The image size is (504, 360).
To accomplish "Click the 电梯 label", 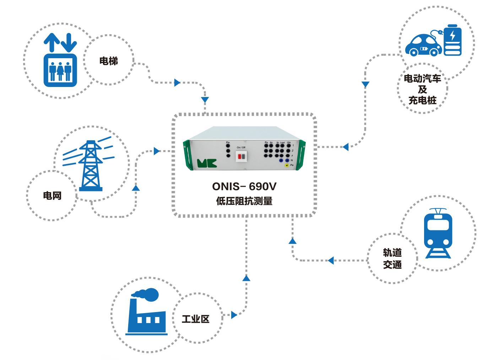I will click(x=108, y=61).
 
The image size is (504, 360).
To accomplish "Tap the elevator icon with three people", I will click(x=60, y=70).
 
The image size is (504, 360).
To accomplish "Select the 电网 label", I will click(x=52, y=196).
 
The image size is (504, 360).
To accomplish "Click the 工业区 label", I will click(x=195, y=319).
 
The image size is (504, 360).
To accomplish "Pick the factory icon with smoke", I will click(x=146, y=312).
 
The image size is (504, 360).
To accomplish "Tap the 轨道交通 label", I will click(x=392, y=258).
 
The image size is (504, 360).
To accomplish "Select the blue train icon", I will click(x=438, y=233).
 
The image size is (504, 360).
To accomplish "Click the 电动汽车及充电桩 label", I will click(x=422, y=89).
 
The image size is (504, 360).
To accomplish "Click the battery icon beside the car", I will click(x=452, y=40).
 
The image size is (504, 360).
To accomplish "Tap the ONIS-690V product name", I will click(x=244, y=186).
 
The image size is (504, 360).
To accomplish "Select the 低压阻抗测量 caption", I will click(x=244, y=201).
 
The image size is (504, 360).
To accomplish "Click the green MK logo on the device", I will click(x=207, y=163).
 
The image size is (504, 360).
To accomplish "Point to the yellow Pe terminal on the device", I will click(x=287, y=165).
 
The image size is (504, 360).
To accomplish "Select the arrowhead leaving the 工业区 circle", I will click(x=234, y=315).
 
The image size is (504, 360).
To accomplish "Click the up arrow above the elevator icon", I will click(x=52, y=42).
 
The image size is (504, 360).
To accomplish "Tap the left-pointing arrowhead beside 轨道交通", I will click(x=331, y=261).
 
